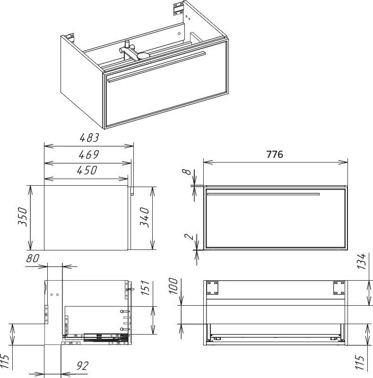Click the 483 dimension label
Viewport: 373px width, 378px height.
(x=89, y=137)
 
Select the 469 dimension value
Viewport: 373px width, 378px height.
(x=89, y=155)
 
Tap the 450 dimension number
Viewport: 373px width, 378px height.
(x=87, y=170)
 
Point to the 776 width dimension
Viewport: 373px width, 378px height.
(x=275, y=155)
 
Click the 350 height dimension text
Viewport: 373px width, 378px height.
(x=23, y=216)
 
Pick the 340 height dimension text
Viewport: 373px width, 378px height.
(x=145, y=217)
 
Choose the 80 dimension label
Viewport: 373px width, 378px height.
(x=33, y=258)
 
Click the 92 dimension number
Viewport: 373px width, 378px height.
(x=83, y=366)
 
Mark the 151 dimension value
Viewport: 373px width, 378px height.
(x=145, y=288)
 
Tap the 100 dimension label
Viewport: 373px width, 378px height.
(x=173, y=286)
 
